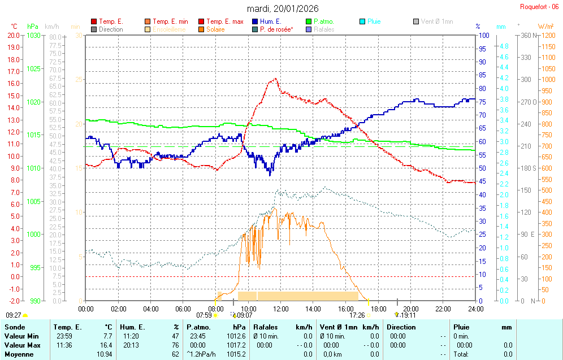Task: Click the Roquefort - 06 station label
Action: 541,7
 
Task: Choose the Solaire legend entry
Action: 215,29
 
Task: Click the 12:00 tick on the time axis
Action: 280,309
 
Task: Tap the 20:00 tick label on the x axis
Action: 410,309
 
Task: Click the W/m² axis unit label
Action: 545,27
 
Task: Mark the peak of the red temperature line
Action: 275,79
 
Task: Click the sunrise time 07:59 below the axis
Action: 203,315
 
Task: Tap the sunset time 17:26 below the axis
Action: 357,315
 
